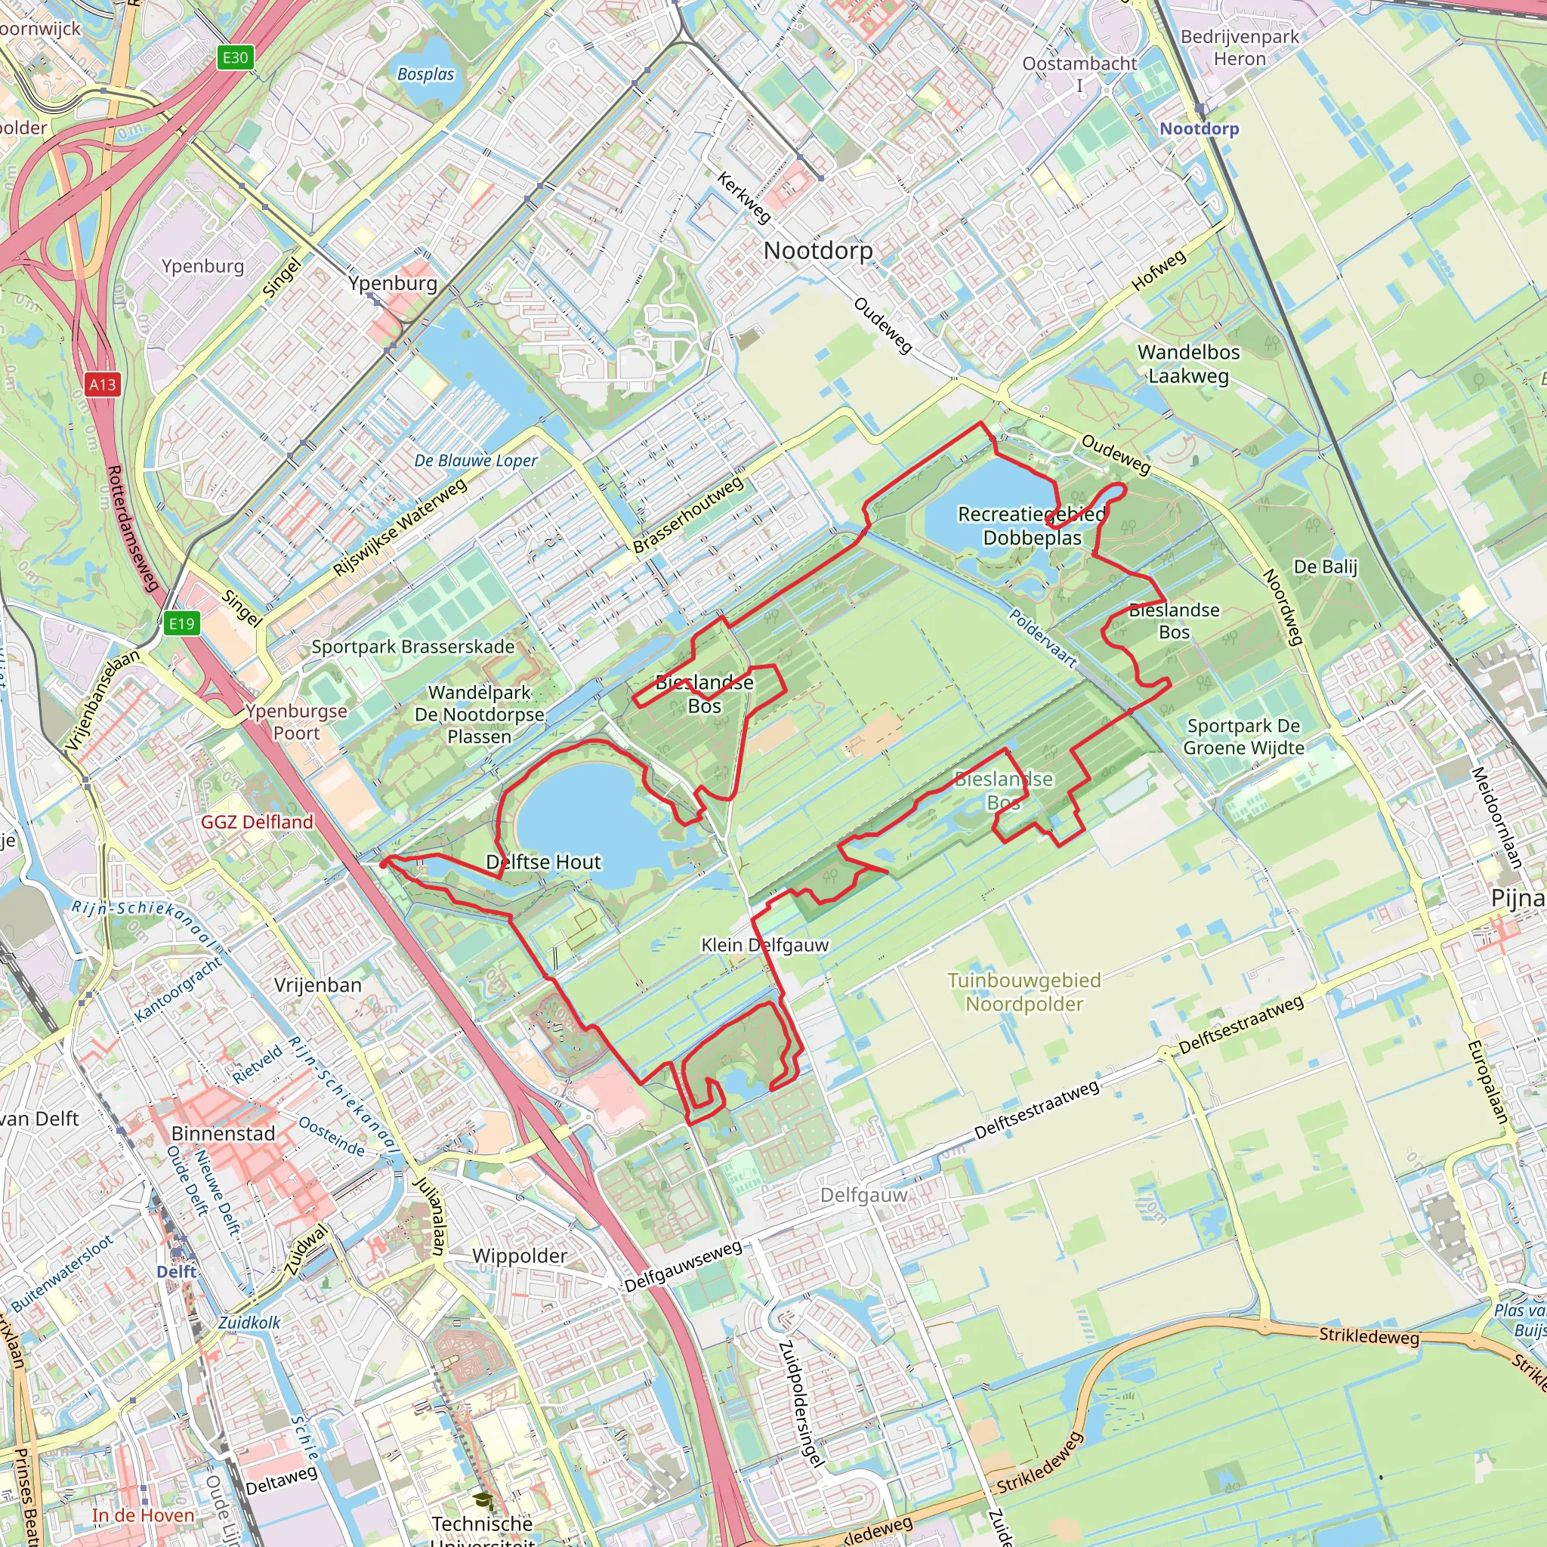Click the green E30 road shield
pos(235,57)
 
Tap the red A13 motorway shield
pos(103,384)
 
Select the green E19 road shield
pos(182,624)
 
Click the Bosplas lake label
pos(425,75)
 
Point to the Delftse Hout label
pos(543,862)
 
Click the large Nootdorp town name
pos(817,251)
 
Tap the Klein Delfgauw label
pos(764,945)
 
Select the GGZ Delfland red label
pos(257,822)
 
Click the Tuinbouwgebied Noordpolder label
pos(1024,991)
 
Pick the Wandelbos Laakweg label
pos(1188,363)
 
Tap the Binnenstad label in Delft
pos(224,1133)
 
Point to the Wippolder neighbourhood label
pos(519,1255)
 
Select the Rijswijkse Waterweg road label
pos(400,528)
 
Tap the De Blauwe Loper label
pos(476,461)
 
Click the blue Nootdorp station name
pos(1199,129)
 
